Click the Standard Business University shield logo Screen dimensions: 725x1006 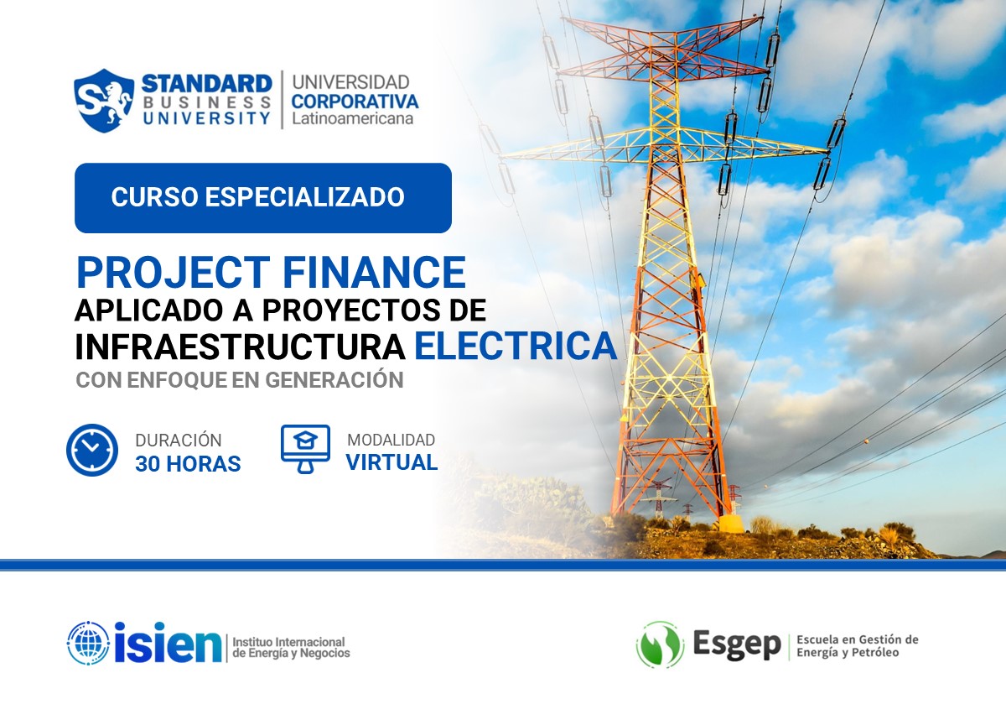pyautogui.click(x=105, y=100)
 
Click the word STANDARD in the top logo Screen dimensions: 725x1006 pyautogui.click(x=206, y=83)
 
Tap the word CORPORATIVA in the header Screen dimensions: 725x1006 pyautogui.click(x=355, y=101)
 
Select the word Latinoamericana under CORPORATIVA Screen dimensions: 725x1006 pyautogui.click(x=352, y=119)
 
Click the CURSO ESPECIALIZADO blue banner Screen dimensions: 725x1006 pyautogui.click(x=262, y=198)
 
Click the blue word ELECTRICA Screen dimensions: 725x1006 pyautogui.click(x=516, y=347)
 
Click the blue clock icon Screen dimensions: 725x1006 pyautogui.click(x=91, y=451)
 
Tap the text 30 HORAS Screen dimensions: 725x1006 pyautogui.click(x=188, y=463)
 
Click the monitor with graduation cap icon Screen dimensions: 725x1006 pyautogui.click(x=305, y=449)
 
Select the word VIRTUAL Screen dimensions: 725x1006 pyautogui.click(x=392, y=462)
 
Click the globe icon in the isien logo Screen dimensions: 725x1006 pyautogui.click(x=88, y=644)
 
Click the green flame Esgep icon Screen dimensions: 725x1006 pyautogui.click(x=660, y=644)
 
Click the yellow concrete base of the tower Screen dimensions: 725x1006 pyautogui.click(x=730, y=524)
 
